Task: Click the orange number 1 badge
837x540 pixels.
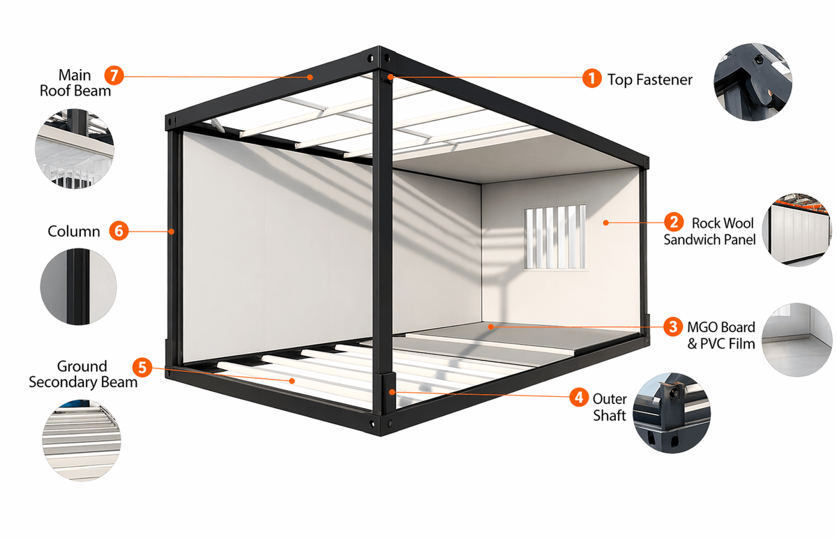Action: click(x=592, y=78)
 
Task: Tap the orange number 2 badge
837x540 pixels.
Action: click(x=674, y=222)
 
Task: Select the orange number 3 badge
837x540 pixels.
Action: click(x=673, y=327)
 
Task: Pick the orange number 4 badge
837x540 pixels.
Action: click(x=579, y=397)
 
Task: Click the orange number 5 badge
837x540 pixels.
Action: click(x=142, y=368)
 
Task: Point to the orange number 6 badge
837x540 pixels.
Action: click(x=119, y=230)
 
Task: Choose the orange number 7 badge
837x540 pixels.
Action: click(x=114, y=75)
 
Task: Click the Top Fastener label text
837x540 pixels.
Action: click(x=650, y=80)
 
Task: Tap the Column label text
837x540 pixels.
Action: click(x=74, y=232)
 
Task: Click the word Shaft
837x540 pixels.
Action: click(x=610, y=415)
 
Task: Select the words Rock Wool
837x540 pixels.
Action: click(x=723, y=223)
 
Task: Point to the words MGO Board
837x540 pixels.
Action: click(x=721, y=327)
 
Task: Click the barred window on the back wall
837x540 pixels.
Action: click(x=555, y=237)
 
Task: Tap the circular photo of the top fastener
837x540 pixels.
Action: click(x=753, y=82)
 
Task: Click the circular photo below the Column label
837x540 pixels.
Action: click(x=78, y=287)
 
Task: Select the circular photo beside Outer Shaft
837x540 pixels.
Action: click(x=672, y=413)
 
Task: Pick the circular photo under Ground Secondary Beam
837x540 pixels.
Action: click(x=82, y=440)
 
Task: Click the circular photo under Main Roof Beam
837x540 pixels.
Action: click(x=75, y=149)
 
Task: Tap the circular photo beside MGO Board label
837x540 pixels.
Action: click(x=798, y=340)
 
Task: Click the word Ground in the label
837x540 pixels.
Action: click(x=82, y=366)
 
